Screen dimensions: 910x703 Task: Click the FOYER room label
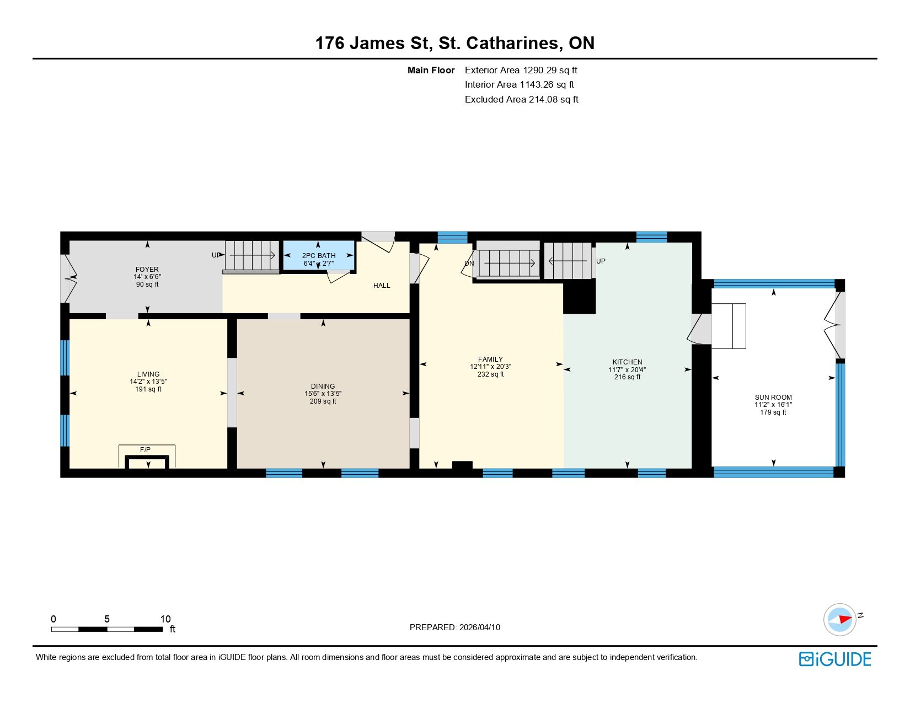click(x=147, y=269)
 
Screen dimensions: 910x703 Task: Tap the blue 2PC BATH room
click(x=319, y=255)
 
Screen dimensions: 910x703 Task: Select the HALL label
click(x=382, y=286)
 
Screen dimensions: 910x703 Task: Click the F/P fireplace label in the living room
click(x=145, y=450)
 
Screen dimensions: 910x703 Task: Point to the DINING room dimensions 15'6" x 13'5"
click(x=323, y=394)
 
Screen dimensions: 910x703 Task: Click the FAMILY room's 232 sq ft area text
click(x=490, y=374)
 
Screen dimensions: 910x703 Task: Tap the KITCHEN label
click(x=627, y=362)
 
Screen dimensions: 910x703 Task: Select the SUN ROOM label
click(x=773, y=398)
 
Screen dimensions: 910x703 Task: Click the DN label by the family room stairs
click(x=469, y=264)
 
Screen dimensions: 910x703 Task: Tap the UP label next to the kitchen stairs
click(x=601, y=261)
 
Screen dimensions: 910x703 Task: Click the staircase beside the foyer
click(x=252, y=255)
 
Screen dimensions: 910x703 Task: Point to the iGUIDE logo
click(x=834, y=659)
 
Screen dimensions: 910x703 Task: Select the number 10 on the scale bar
click(x=165, y=619)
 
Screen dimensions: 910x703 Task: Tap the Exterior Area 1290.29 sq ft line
click(x=521, y=71)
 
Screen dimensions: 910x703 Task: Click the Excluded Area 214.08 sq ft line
click(x=521, y=100)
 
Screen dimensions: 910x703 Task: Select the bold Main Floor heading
click(x=431, y=71)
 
